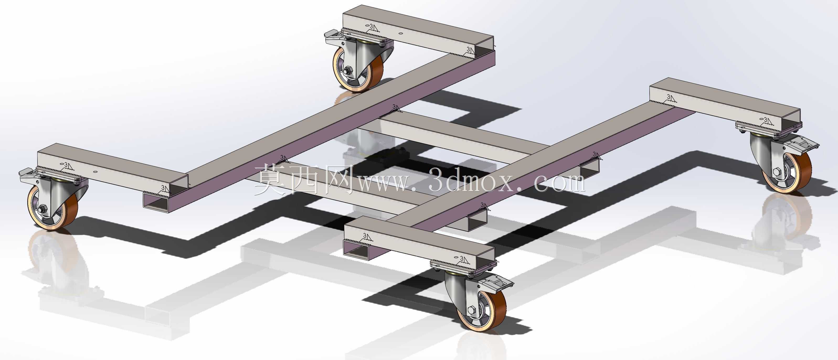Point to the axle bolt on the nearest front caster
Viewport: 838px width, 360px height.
pyautogui.click(x=472, y=310)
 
